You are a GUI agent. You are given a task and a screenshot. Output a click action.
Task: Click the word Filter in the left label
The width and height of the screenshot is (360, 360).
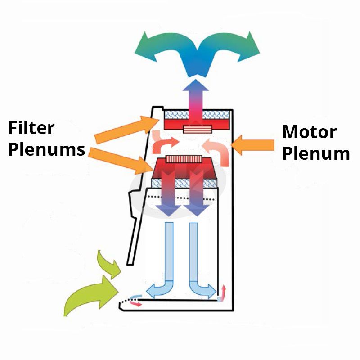pyautogui.click(x=31, y=128)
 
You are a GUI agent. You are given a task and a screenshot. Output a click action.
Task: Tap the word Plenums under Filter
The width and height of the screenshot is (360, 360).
pyautogui.click(x=47, y=149)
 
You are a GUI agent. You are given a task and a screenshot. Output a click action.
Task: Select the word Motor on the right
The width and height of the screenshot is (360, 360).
pyautogui.click(x=309, y=132)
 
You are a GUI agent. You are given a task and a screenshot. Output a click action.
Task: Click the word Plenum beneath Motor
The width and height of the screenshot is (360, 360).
pyautogui.click(x=316, y=153)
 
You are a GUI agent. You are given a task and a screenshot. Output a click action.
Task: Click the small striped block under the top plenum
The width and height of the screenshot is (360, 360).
pyautogui.click(x=198, y=130)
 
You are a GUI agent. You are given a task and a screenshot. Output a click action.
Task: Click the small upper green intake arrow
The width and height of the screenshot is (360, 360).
pyautogui.click(x=109, y=264)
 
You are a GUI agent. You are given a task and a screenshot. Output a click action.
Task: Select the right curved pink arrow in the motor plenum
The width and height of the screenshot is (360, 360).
pyautogui.click(x=216, y=147)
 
